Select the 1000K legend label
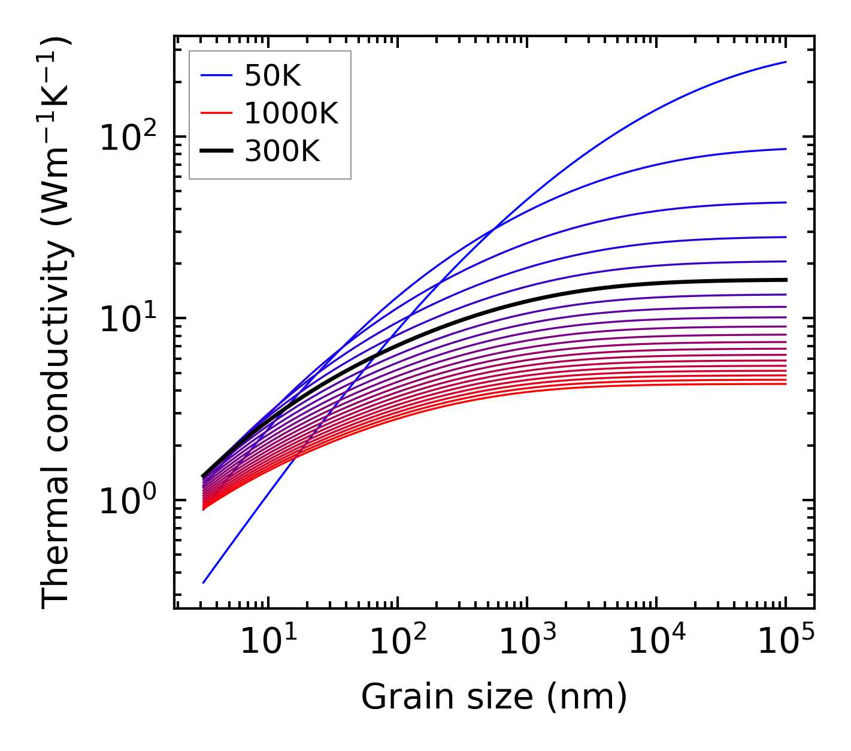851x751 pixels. (291, 113)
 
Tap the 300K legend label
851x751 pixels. (282, 152)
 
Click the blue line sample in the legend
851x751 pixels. (216, 75)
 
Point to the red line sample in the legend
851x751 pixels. (216, 113)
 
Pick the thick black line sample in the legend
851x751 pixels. (216, 152)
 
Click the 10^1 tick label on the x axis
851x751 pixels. (268, 643)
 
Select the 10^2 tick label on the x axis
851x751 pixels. (397, 643)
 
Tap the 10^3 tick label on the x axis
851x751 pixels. (526, 643)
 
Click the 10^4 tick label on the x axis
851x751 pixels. (656, 643)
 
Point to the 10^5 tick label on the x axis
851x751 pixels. (785, 643)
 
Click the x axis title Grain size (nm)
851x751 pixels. (494, 697)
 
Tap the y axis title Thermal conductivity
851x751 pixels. (57, 323)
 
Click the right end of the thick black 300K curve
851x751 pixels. (785, 280)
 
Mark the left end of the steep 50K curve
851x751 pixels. (204, 582)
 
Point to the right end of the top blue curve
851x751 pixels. (785, 62)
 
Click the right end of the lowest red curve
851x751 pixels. (785, 383)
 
